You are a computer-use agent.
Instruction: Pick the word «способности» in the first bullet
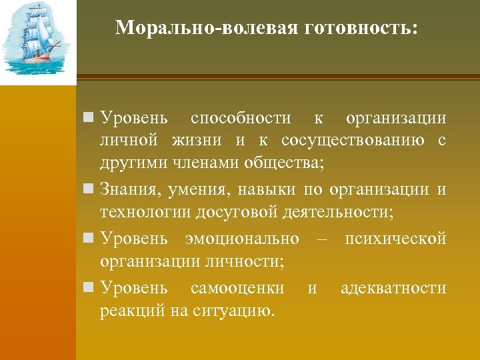pos(241,119)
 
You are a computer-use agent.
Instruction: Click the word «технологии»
pos(145,213)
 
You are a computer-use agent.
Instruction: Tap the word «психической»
pos(395,239)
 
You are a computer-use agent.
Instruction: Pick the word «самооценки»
pos(237,288)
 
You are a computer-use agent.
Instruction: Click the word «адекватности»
pos(393,288)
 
